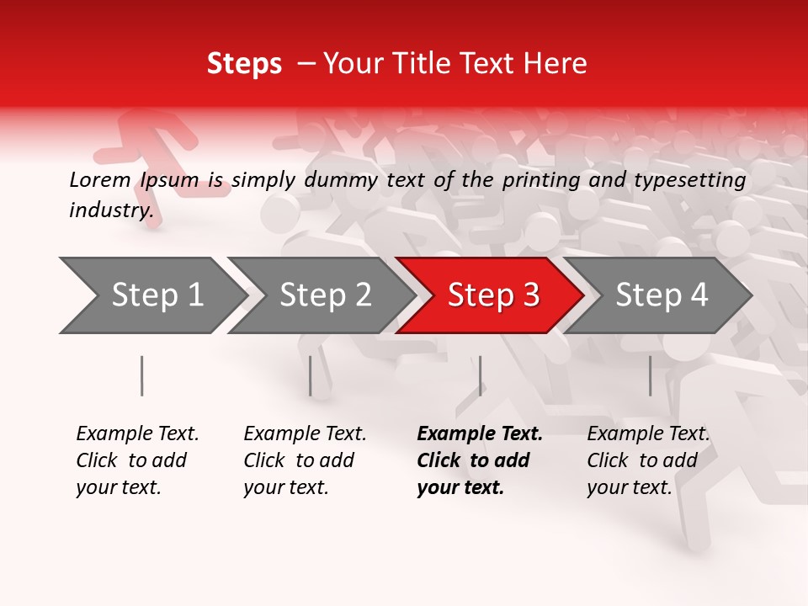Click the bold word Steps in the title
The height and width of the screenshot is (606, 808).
(x=244, y=64)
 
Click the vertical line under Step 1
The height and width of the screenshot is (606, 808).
(x=141, y=375)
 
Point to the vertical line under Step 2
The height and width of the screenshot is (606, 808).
(x=311, y=375)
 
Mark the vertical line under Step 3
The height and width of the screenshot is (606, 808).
(x=480, y=375)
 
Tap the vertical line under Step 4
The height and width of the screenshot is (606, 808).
(x=650, y=375)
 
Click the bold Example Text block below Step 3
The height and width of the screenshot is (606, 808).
(x=480, y=460)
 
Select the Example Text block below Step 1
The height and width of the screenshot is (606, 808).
(x=137, y=460)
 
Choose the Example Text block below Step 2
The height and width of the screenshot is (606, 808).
(x=305, y=460)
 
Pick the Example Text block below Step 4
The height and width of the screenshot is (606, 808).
(x=648, y=460)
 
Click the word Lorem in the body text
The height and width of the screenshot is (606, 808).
(x=100, y=179)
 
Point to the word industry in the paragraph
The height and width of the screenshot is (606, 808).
(x=111, y=210)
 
